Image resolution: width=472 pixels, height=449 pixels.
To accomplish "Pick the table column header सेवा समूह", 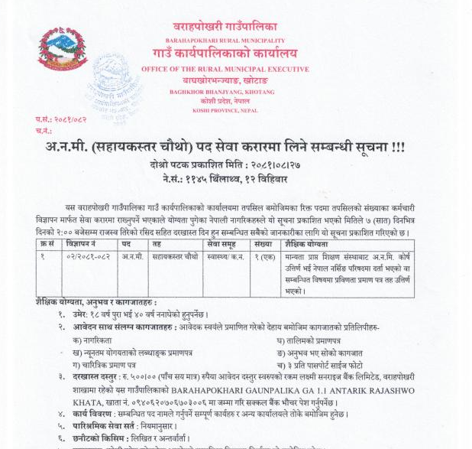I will click(222, 243).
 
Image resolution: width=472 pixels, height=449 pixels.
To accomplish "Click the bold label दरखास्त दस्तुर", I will click(91, 375).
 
